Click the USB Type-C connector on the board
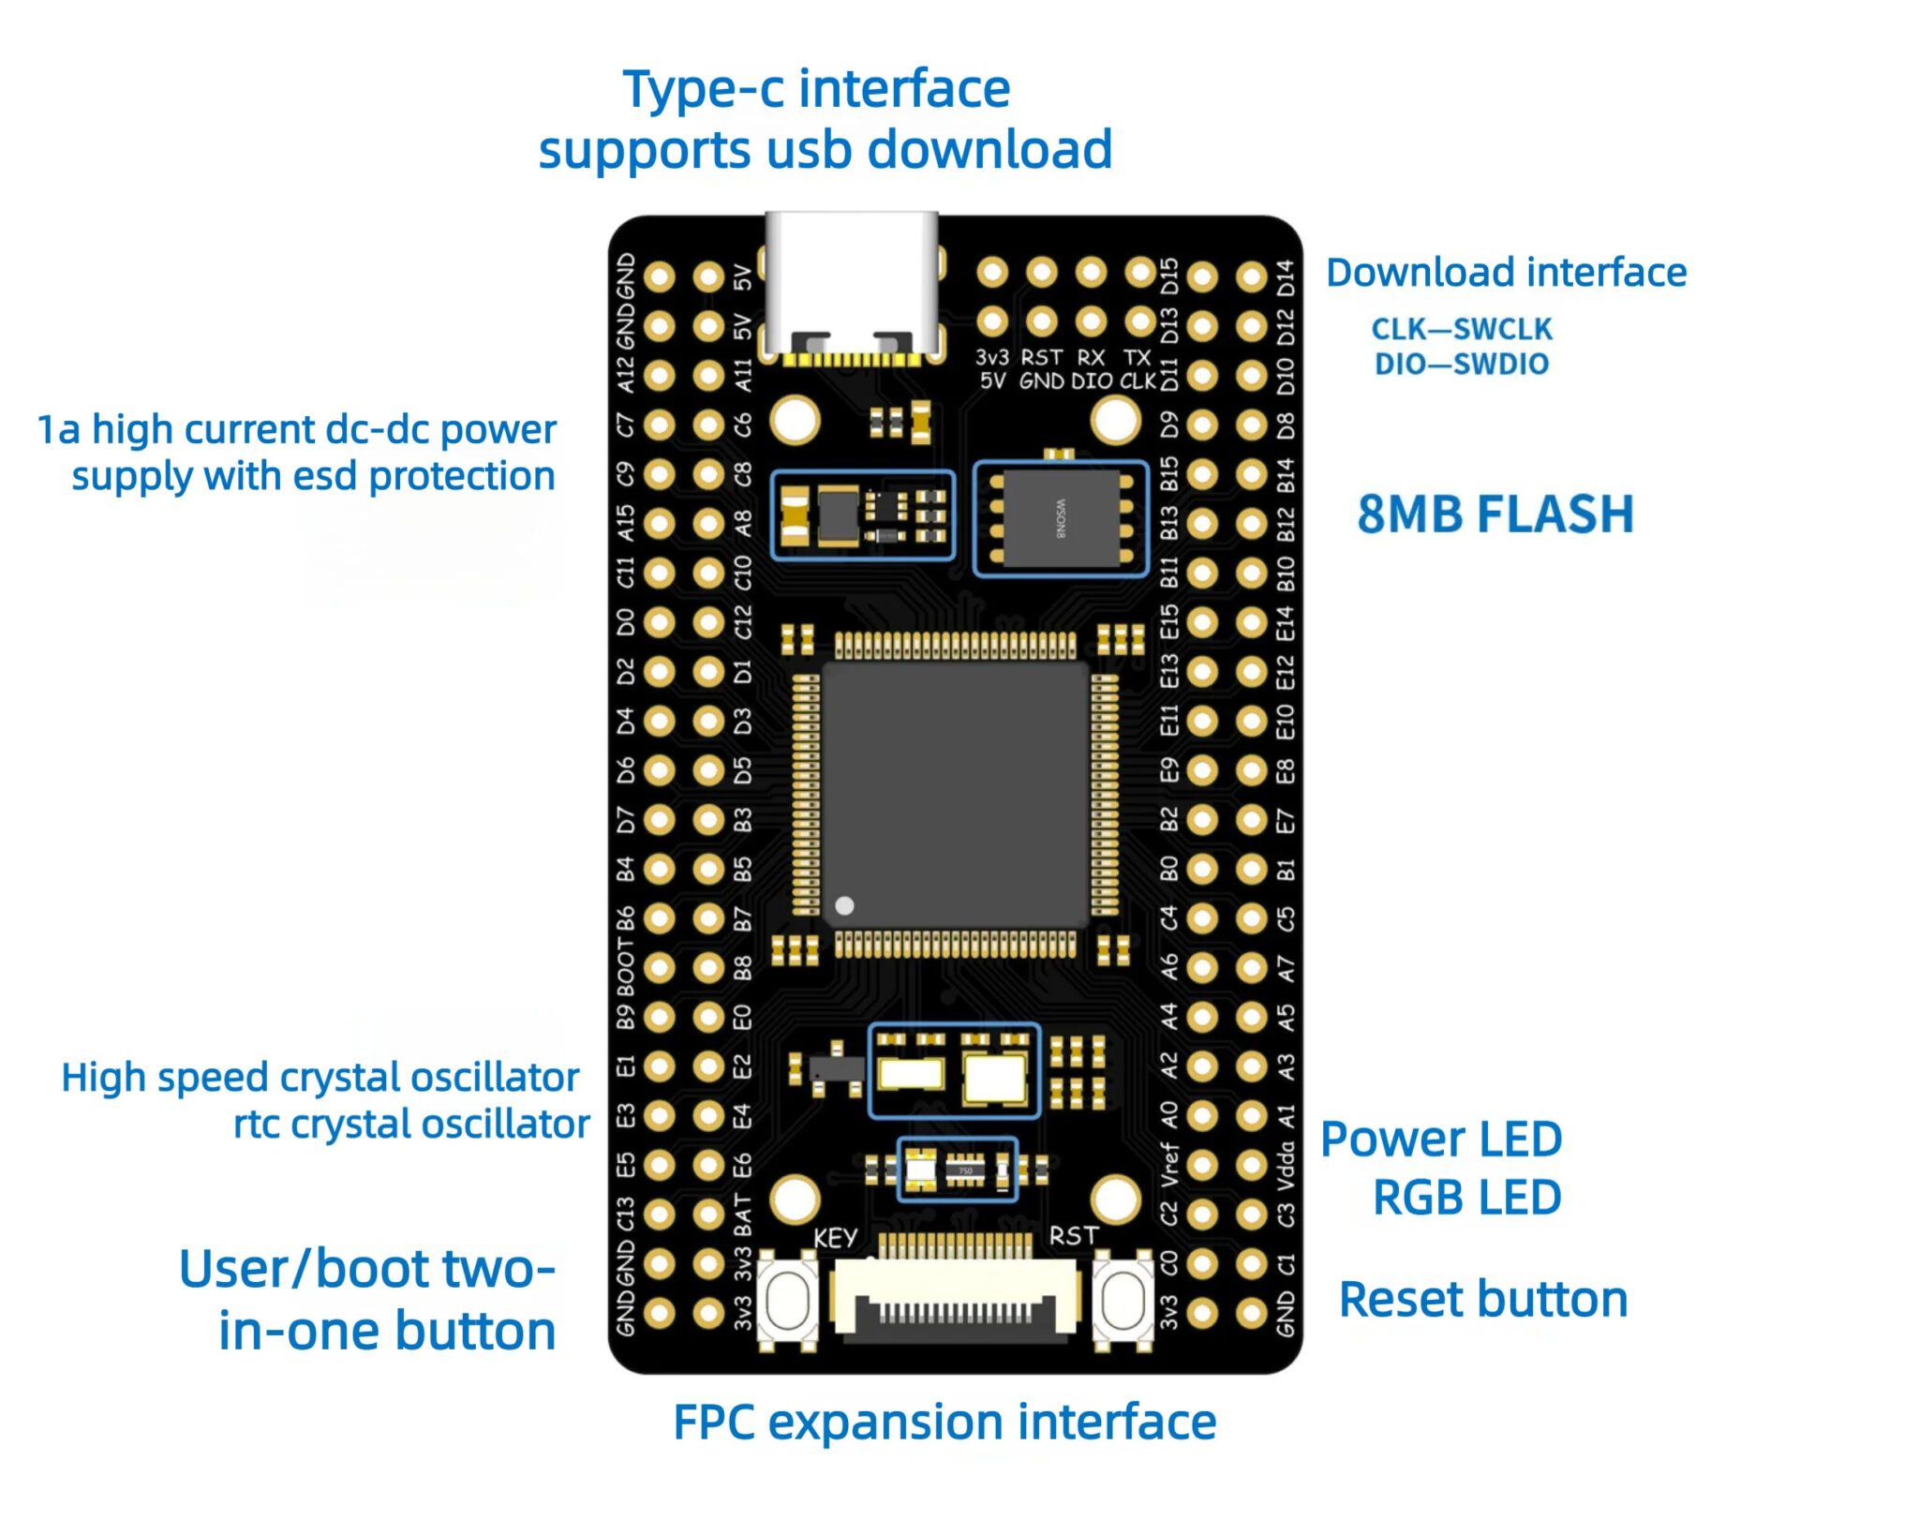[x=851, y=286]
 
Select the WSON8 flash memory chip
[x=1061, y=517]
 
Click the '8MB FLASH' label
[x=1495, y=514]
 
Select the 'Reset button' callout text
[x=1482, y=1300]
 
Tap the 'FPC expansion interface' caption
[x=944, y=1422]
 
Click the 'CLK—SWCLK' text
[x=1461, y=329]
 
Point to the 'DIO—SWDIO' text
[x=1461, y=364]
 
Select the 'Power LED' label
[x=1440, y=1140]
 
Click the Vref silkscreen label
[x=1168, y=1165]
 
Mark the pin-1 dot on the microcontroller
[x=844, y=905]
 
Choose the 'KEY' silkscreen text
[x=834, y=1238]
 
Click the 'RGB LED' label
[x=1466, y=1198]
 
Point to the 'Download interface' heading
[x=1505, y=273]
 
